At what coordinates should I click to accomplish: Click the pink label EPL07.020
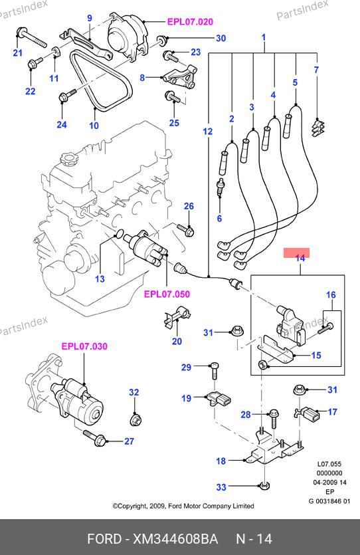click(190, 22)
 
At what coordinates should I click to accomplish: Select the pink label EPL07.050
click(167, 294)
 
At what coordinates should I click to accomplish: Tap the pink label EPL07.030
click(84, 346)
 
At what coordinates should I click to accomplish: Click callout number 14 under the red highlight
click(300, 259)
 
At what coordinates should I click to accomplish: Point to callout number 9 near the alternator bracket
click(90, 18)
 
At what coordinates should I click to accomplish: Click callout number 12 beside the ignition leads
click(208, 132)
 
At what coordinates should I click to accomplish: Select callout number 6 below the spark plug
click(219, 219)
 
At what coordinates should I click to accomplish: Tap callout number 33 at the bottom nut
click(221, 487)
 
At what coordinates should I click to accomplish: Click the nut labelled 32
click(135, 421)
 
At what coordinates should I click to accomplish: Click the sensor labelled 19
click(219, 399)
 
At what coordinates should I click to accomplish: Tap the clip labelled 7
click(318, 127)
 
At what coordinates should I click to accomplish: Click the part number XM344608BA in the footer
click(175, 539)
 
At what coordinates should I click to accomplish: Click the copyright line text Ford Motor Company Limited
click(211, 506)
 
